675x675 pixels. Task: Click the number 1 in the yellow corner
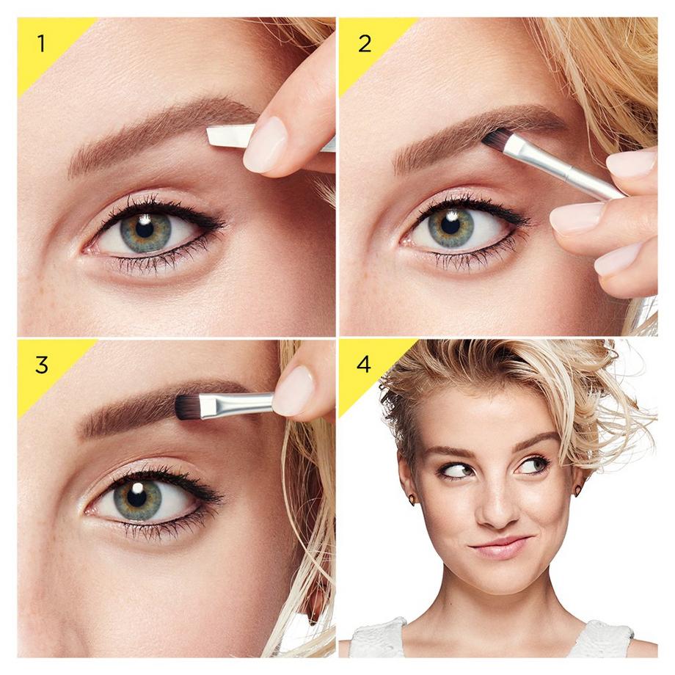41,43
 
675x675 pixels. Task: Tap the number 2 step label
364,43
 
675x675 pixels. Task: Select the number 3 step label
41,365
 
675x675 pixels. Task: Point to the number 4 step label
364,365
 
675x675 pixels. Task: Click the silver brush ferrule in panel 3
235,404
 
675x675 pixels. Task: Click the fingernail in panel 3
293,390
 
